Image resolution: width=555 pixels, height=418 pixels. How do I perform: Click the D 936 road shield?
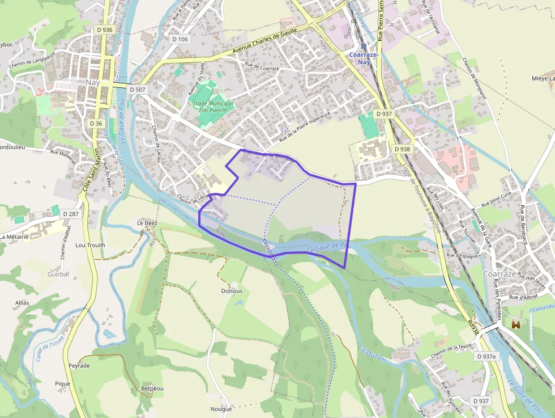(104, 29)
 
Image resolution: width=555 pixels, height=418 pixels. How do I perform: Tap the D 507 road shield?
(138, 90)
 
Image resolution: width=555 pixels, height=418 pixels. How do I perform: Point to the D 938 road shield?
(402, 149)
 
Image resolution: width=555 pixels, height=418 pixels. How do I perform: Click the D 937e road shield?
(486, 356)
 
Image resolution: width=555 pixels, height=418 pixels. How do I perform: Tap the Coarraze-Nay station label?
(364, 58)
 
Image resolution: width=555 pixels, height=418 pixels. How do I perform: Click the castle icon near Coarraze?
(516, 324)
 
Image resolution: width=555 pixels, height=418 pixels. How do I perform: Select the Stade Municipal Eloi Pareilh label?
(213, 107)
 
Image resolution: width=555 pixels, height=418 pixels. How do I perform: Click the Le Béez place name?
(147, 223)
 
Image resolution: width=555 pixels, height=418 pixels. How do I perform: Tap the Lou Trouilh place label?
(91, 246)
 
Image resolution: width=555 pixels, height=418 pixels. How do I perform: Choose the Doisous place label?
(232, 291)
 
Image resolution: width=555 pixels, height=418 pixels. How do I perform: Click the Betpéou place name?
(152, 389)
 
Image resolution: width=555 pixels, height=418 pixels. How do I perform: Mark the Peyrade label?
(79, 366)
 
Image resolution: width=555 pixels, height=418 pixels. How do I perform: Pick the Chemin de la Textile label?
(451, 350)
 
